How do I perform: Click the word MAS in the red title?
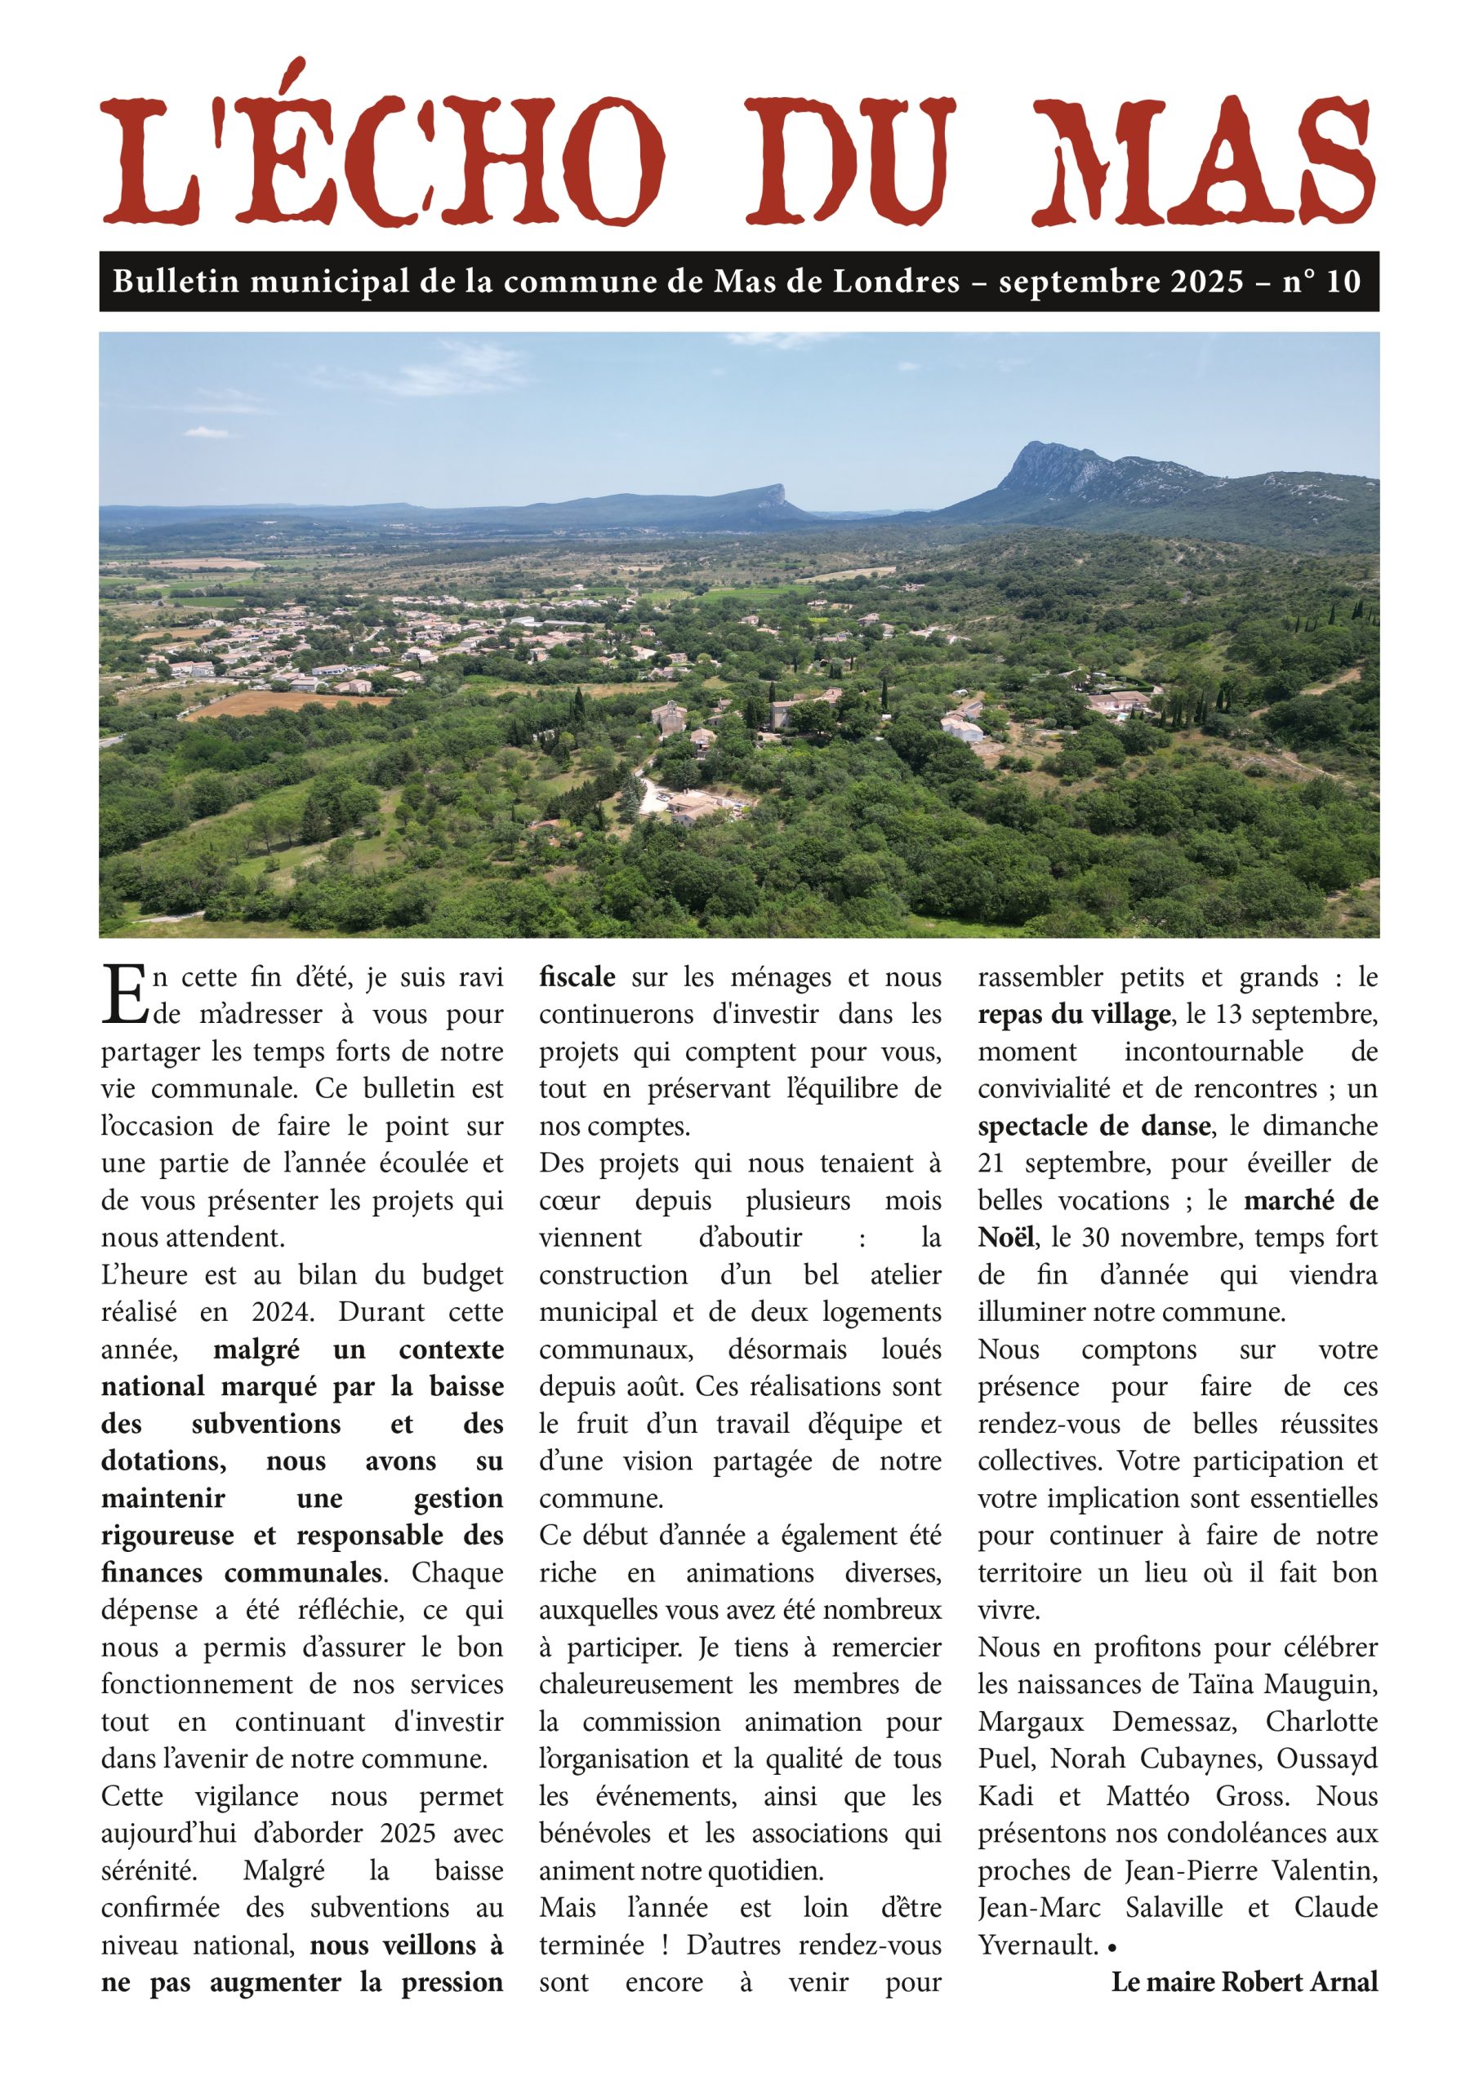tap(1202, 162)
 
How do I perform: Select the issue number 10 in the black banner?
tap(1343, 282)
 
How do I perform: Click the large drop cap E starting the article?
tap(125, 995)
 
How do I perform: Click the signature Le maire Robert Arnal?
tap(1244, 1981)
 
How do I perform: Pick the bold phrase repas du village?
tap(1074, 1014)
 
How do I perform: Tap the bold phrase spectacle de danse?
tap(1094, 1126)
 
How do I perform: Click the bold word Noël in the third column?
tap(1005, 1238)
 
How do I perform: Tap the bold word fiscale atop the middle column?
tap(577, 976)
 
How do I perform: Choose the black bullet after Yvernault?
tap(1112, 1948)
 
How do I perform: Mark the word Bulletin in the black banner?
tap(176, 282)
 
